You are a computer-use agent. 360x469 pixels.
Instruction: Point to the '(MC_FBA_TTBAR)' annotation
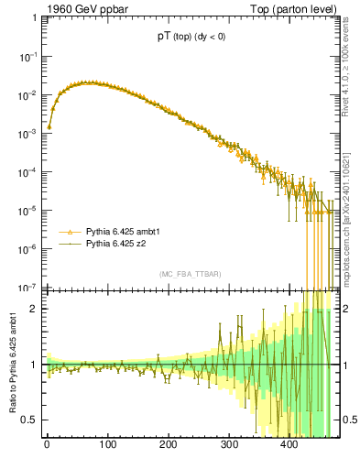pyautogui.click(x=190, y=275)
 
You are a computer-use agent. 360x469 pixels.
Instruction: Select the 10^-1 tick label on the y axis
pyautogui.click(x=28, y=57)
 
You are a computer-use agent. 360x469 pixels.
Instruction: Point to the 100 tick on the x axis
pyautogui.click(x=107, y=446)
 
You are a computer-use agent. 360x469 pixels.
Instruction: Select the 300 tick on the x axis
pyautogui.click(x=229, y=446)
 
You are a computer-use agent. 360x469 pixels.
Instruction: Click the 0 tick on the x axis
pyautogui.click(x=47, y=446)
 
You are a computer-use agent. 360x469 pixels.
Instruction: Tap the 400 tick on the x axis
pyautogui.click(x=289, y=446)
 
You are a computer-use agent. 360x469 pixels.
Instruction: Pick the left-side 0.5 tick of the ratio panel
pyautogui.click(x=30, y=420)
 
